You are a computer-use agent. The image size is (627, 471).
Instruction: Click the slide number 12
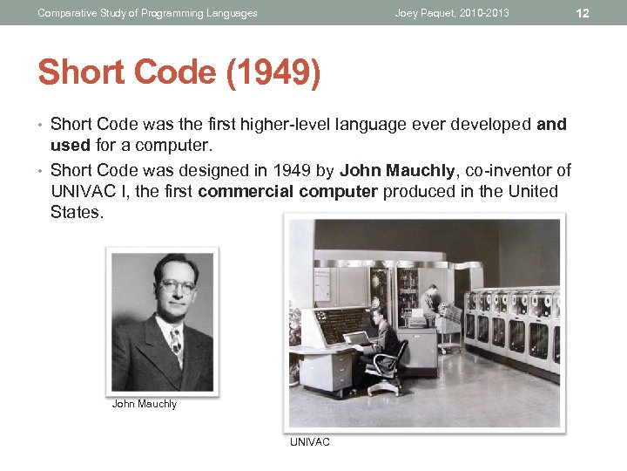click(x=583, y=13)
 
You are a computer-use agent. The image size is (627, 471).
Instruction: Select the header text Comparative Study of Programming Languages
click(x=148, y=13)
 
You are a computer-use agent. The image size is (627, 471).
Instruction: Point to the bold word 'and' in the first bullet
click(x=551, y=125)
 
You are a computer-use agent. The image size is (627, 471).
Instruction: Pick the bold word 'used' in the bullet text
click(x=71, y=145)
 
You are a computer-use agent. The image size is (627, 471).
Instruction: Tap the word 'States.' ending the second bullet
click(x=78, y=212)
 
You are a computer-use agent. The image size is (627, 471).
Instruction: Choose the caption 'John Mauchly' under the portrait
click(x=145, y=404)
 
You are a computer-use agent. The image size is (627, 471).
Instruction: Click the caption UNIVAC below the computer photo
click(x=310, y=442)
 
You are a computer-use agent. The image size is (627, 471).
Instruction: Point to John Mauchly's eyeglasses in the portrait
click(x=178, y=286)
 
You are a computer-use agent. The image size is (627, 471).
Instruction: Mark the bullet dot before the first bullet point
click(x=42, y=125)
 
